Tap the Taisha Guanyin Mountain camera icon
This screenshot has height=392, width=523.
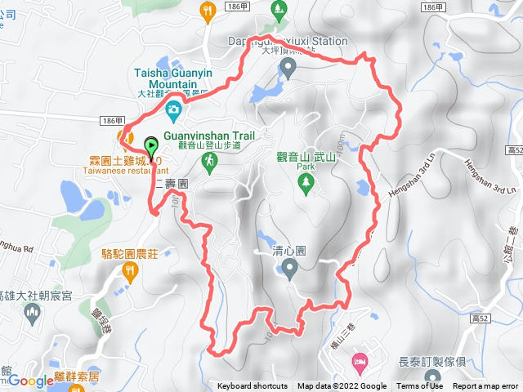click(173, 110)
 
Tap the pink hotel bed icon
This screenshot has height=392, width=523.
click(359, 360)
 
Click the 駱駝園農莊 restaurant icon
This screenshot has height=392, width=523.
click(128, 269)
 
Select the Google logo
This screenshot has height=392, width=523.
click(30, 380)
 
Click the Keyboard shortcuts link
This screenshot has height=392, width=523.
click(253, 386)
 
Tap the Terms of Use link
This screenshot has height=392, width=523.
click(420, 386)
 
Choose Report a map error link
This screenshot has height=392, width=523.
click(485, 386)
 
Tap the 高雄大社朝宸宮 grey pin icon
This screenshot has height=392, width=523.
click(32, 312)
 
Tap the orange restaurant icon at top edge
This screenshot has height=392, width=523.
click(207, 9)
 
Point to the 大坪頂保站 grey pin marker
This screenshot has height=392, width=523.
click(288, 66)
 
